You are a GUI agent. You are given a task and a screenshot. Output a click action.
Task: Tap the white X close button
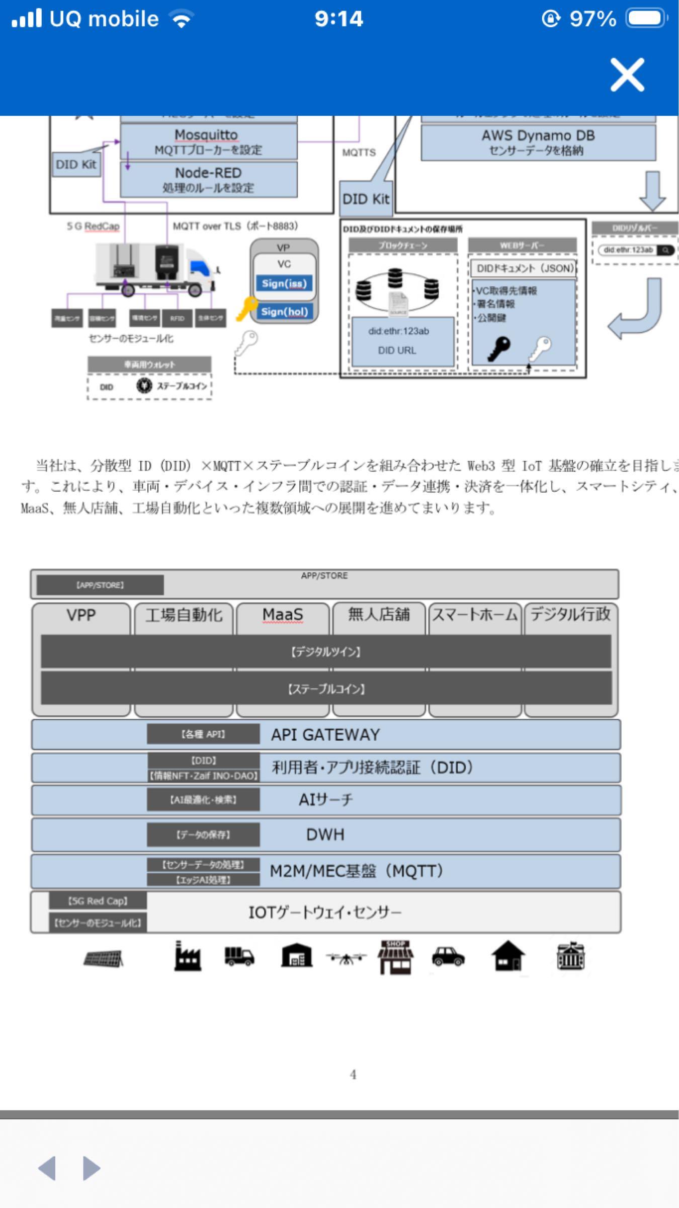point(627,75)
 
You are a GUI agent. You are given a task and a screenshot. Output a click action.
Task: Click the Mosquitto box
point(208,141)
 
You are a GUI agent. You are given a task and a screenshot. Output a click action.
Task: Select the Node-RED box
point(208,179)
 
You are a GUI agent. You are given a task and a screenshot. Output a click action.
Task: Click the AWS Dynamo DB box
point(538,142)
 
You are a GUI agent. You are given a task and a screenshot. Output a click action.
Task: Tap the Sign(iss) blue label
point(284,283)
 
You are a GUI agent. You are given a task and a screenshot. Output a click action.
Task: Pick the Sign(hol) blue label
point(284,312)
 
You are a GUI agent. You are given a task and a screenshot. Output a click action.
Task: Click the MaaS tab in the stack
point(283,615)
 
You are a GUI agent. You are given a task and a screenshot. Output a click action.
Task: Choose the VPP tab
point(81,615)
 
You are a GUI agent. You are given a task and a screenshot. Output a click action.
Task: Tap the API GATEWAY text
point(325,735)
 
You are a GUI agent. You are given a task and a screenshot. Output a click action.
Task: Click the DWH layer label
point(325,835)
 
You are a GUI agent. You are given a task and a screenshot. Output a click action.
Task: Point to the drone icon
point(346,958)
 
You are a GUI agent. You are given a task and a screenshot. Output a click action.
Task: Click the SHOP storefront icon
point(396,957)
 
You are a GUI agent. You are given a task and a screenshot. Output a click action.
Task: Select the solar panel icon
point(104,958)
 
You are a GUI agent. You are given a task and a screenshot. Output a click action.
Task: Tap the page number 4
point(353,1075)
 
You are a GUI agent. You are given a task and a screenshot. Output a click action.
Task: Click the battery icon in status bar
point(646,19)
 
